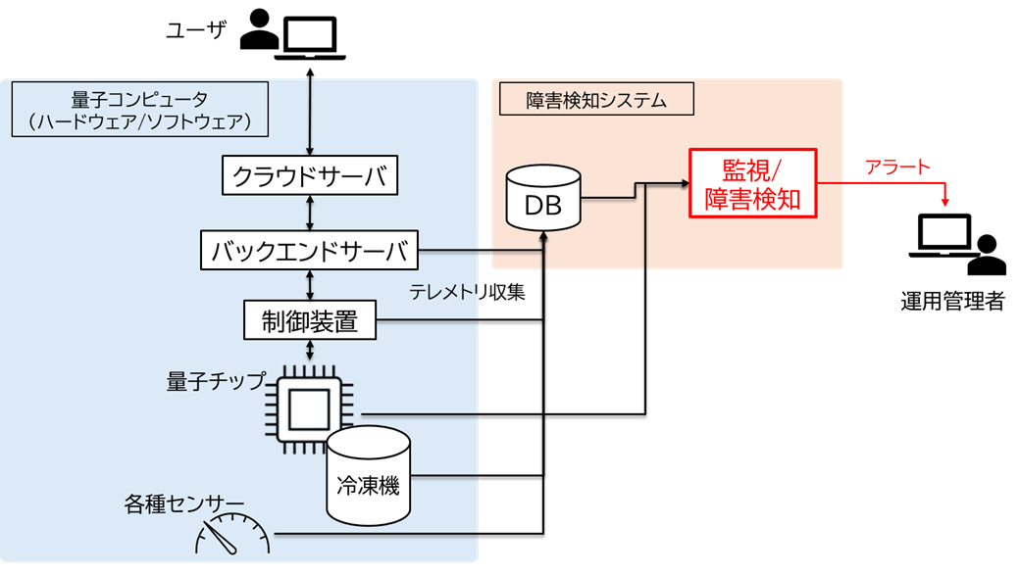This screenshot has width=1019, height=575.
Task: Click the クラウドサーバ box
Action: pos(311,176)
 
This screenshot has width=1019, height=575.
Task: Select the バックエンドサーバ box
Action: pos(309,251)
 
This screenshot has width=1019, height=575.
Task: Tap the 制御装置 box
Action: pos(310,319)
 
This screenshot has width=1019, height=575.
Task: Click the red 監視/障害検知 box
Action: pos(752,183)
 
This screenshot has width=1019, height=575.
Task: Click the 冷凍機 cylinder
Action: pos(368,475)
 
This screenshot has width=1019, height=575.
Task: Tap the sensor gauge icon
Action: pos(232,534)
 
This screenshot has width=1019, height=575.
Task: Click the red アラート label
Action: pos(896,168)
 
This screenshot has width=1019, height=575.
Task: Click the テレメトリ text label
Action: pos(443,292)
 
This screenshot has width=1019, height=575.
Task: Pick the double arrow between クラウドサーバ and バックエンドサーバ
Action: pos(311,214)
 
